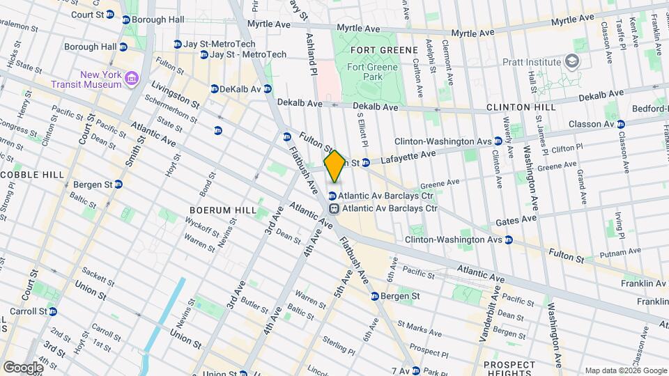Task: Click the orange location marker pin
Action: tap(334, 166)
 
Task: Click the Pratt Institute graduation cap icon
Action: tap(573, 62)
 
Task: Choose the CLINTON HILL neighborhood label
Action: tap(521, 107)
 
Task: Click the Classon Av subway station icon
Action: tap(621, 124)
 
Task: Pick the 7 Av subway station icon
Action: tap(416, 370)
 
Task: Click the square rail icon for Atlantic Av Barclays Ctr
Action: tap(334, 207)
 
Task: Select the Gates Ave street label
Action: tap(516, 219)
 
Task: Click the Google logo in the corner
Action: tap(23, 367)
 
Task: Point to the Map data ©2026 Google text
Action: tap(624, 370)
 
